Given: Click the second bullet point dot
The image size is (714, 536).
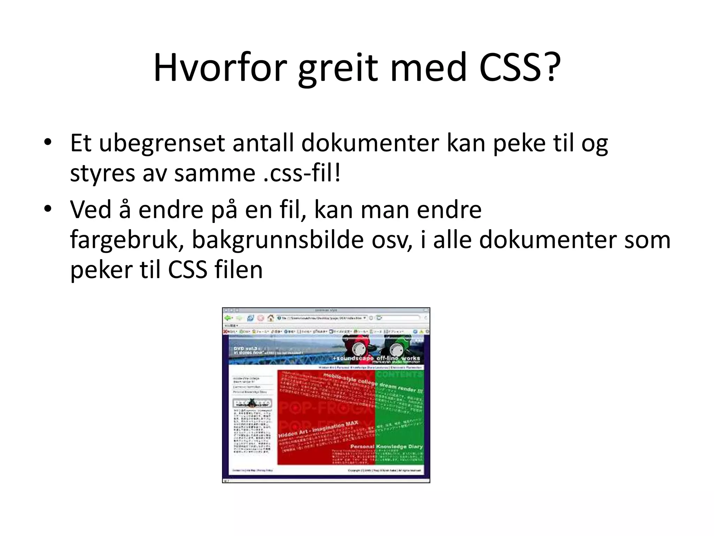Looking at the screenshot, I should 48,209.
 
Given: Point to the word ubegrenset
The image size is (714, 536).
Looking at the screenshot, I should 162,143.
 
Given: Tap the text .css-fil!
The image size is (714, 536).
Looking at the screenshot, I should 302,173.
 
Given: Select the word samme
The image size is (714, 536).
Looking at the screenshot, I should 215,173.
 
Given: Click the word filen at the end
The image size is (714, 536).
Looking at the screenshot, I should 238,270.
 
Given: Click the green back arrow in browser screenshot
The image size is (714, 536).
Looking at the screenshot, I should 228,318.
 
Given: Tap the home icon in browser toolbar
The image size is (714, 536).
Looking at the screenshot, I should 271,318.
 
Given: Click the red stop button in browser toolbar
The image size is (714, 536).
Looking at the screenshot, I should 260,318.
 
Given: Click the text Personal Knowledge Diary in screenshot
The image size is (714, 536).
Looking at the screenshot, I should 386,446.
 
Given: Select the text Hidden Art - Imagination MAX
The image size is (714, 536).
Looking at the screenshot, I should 318,429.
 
